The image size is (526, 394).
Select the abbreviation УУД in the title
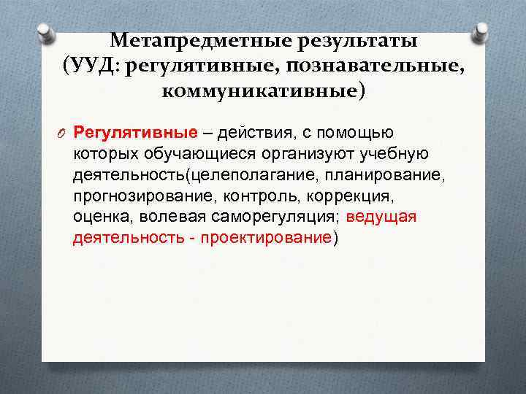(x=94, y=66)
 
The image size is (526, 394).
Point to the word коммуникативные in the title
(x=259, y=93)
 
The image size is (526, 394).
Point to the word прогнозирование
(x=136, y=196)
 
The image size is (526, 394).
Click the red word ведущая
(x=381, y=217)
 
